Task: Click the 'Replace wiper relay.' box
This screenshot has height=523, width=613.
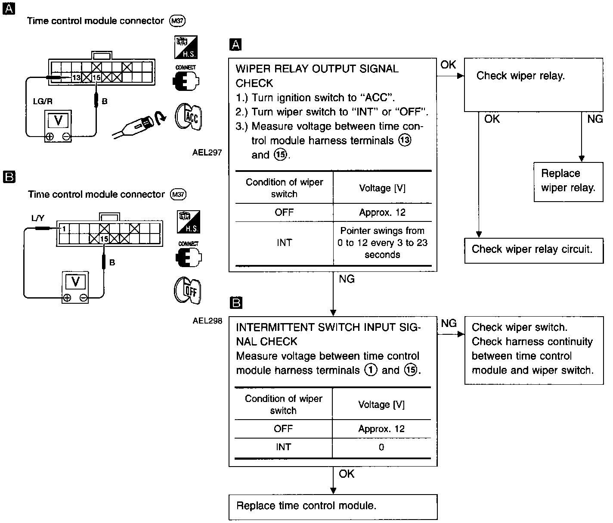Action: [568, 181]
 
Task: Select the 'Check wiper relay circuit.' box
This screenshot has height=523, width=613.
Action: [532, 250]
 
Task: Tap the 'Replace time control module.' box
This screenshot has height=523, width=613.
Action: [333, 506]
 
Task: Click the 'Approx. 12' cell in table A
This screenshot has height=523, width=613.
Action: [382, 212]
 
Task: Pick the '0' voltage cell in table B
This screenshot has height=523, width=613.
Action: [381, 448]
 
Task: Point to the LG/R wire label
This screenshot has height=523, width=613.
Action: [43, 101]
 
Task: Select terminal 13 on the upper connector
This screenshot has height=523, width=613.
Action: [76, 78]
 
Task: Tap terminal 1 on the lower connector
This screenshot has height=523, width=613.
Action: [63, 229]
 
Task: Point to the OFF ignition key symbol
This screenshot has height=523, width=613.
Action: [188, 291]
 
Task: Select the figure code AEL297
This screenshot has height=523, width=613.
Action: [207, 152]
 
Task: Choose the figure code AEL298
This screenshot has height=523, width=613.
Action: [207, 321]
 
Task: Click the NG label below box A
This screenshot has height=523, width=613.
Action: [347, 279]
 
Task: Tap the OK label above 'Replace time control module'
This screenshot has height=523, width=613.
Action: [347, 474]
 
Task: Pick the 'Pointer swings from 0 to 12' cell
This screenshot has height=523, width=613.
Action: [382, 243]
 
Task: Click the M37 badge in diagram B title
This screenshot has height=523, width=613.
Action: [178, 195]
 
